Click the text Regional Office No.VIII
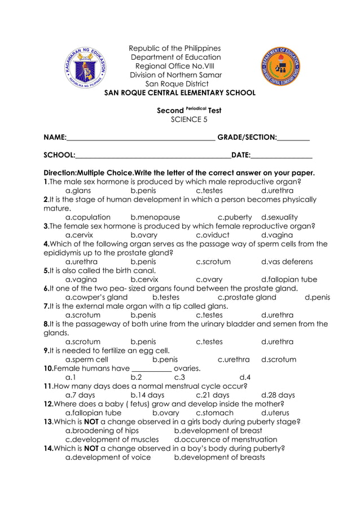176,66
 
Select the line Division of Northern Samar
176,75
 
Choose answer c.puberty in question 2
234,217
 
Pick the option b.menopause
155,217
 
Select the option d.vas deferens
287,262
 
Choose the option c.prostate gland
247,297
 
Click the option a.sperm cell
87,359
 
